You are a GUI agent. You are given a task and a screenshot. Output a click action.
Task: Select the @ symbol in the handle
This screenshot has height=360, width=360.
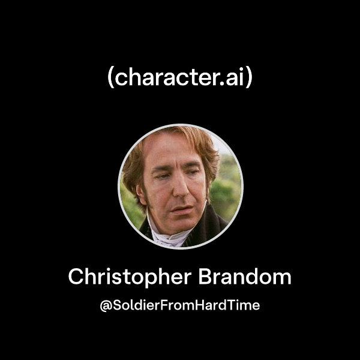pos(105,305)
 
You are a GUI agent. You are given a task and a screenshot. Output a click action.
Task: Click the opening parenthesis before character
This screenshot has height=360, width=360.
pos(110,79)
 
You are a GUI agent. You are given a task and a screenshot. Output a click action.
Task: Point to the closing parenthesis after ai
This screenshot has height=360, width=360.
pos(249,79)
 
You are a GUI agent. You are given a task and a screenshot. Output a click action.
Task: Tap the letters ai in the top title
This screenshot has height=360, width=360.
pos(234,78)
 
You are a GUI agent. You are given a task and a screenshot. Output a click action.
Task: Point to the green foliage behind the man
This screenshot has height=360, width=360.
pos(227,180)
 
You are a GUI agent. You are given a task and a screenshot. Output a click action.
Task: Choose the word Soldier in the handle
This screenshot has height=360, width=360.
pos(134,305)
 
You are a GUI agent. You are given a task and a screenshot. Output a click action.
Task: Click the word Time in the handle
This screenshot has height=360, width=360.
pos(245,305)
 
